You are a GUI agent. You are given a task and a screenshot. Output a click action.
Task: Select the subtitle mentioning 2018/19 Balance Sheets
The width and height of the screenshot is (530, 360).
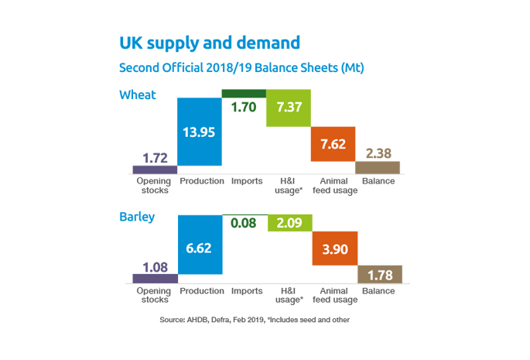pos(241,67)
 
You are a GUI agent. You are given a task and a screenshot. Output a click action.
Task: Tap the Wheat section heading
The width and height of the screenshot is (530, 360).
pos(138,95)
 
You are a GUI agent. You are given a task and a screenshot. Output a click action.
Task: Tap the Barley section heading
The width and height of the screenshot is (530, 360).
pos(137,217)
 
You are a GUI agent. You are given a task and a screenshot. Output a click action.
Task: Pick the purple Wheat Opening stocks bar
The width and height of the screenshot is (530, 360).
pos(154,170)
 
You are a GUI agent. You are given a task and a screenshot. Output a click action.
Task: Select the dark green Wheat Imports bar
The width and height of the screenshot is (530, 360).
pos(244,94)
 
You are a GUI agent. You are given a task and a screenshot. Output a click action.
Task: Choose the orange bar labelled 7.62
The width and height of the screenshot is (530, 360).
pos(333,144)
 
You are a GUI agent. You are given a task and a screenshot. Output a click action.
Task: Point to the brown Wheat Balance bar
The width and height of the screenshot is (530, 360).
pos(378,167)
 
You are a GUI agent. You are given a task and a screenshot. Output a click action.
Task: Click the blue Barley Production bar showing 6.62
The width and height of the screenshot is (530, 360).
pos(199,249)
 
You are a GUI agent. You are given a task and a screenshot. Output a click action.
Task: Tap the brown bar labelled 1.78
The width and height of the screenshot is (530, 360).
pos(379,274)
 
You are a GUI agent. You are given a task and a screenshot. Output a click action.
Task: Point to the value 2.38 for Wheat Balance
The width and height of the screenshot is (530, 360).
pos(378,152)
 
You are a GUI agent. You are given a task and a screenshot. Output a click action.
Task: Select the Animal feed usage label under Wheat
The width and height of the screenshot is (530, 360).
pos(333,186)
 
